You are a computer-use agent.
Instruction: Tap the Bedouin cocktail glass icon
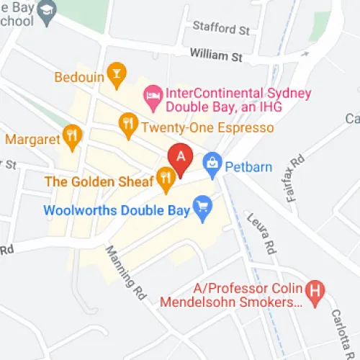point(116,73)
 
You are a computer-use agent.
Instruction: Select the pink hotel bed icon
point(153,94)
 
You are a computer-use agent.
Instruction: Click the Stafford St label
point(221,30)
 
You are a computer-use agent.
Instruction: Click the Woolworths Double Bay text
point(116,211)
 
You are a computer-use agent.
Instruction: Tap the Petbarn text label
point(248,168)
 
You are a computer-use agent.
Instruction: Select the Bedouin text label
point(78,74)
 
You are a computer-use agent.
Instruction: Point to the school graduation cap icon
point(48,9)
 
